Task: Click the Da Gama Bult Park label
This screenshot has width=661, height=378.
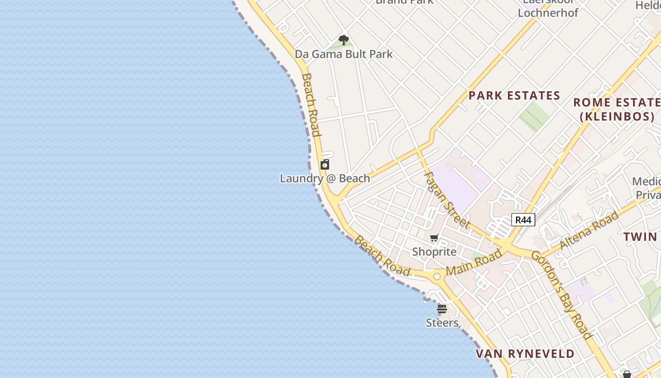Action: pyautogui.click(x=344, y=54)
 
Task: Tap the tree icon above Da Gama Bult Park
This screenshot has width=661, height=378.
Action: pyautogui.click(x=344, y=40)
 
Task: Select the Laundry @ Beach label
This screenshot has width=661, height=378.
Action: pyautogui.click(x=325, y=179)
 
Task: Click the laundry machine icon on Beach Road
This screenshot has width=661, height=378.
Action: pyautogui.click(x=325, y=164)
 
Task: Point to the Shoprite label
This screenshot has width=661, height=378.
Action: pyautogui.click(x=434, y=251)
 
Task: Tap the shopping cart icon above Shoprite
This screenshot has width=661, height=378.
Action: pyautogui.click(x=434, y=238)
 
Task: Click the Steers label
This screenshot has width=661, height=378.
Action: pyautogui.click(x=442, y=323)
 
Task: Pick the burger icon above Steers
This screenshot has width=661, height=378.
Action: pyautogui.click(x=442, y=309)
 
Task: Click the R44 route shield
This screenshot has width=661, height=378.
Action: pyautogui.click(x=523, y=219)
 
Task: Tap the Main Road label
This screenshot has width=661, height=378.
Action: pyautogui.click(x=474, y=263)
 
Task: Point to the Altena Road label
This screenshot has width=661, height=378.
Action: pyautogui.click(x=589, y=231)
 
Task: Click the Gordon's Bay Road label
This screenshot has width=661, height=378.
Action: pyautogui.click(x=562, y=295)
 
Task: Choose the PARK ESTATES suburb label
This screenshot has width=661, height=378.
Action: pyautogui.click(x=514, y=95)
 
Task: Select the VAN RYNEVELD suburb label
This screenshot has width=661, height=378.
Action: pyautogui.click(x=525, y=353)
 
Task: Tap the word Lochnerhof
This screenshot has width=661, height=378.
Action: pyautogui.click(x=548, y=12)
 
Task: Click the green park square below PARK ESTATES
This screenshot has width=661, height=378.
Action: pyautogui.click(x=534, y=115)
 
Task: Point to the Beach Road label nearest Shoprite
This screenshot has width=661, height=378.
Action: pyautogui.click(x=382, y=256)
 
